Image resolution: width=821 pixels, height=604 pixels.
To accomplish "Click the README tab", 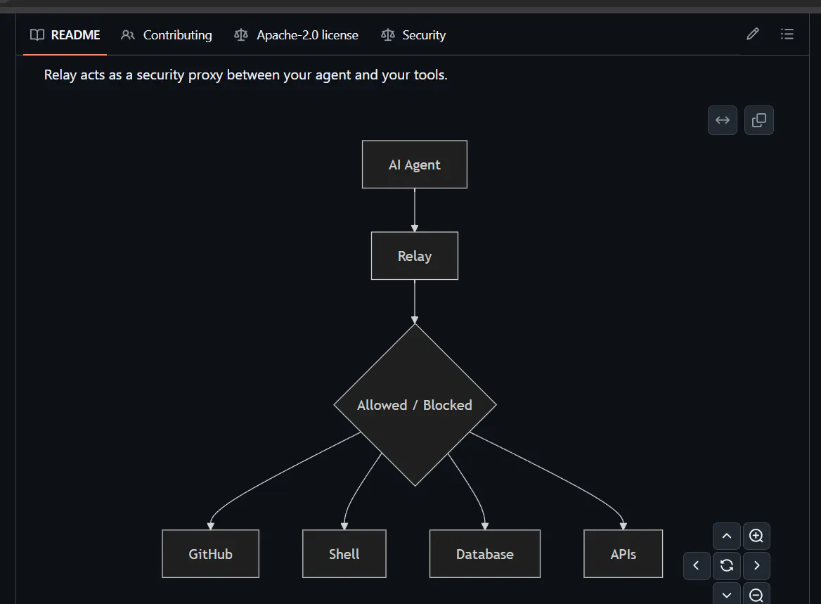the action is (x=65, y=35).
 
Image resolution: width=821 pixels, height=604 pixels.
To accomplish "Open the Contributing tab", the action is (x=167, y=35).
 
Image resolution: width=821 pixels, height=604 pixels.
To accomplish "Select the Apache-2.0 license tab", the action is (x=297, y=35).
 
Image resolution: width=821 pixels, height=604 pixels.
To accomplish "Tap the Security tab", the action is (x=413, y=35).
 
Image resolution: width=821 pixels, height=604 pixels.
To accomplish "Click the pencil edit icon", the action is (x=752, y=34).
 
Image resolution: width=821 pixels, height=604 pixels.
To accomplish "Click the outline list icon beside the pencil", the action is (x=787, y=34).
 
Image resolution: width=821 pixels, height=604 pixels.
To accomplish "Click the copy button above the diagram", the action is (x=758, y=120).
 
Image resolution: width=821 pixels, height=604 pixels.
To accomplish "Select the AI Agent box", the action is (x=415, y=165).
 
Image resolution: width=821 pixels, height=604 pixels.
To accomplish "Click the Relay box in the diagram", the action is (x=415, y=256).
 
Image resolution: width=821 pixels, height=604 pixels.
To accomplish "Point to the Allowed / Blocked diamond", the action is (x=415, y=405).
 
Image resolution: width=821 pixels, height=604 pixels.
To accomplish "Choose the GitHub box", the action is (x=210, y=553).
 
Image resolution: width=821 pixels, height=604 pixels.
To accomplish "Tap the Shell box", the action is (x=344, y=553).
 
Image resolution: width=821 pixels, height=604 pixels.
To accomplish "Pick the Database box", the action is (x=485, y=553).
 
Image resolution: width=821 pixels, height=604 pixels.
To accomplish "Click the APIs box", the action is (x=623, y=553).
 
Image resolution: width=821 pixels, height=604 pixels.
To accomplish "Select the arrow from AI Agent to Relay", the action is (x=415, y=210).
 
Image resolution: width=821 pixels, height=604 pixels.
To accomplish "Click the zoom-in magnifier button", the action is (x=756, y=536).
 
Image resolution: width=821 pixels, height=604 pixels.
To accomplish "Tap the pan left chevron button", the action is (x=697, y=565).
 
